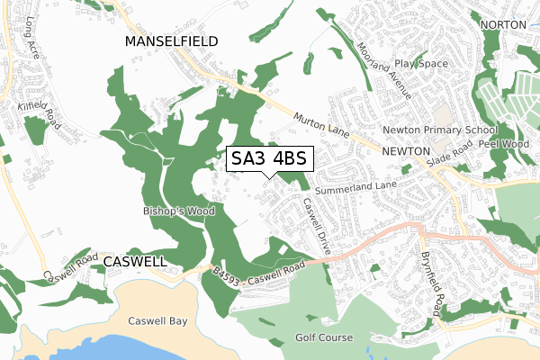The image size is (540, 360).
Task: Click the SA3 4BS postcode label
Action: click(x=268, y=159)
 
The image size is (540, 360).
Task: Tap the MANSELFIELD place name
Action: click(x=173, y=41)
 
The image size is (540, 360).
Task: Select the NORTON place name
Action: click(x=502, y=24)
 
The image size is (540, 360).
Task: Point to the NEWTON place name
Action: click(x=408, y=152)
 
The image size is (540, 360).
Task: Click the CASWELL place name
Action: click(x=135, y=261)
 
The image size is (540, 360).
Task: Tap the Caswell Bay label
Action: click(x=157, y=320)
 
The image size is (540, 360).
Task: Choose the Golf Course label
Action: click(x=324, y=338)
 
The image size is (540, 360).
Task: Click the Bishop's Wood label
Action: click(x=175, y=211)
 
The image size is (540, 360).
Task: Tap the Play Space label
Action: click(x=421, y=65)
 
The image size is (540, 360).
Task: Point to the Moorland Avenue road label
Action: click(x=385, y=70)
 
